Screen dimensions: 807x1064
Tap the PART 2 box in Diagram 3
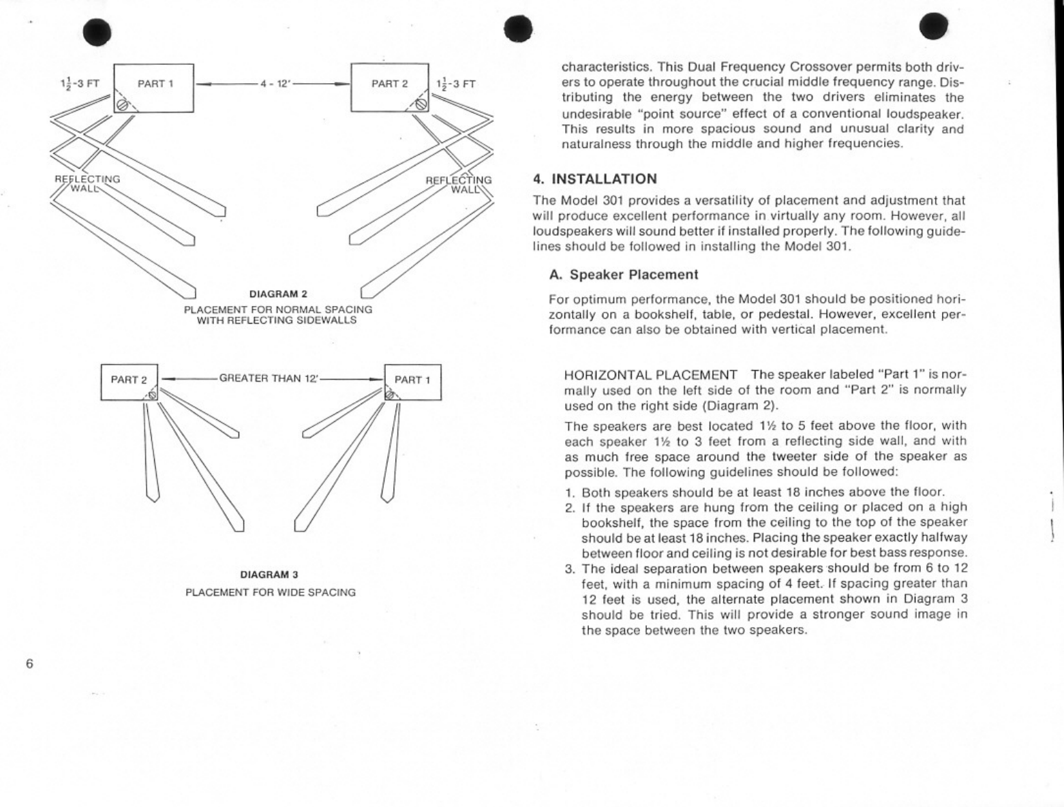(x=129, y=382)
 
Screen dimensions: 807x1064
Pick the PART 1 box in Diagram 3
(x=412, y=382)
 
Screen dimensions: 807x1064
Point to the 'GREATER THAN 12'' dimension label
(x=269, y=378)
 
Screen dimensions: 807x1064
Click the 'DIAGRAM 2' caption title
(x=278, y=294)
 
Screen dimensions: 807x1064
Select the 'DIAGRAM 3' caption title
(x=269, y=575)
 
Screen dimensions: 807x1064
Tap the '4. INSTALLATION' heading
(x=595, y=179)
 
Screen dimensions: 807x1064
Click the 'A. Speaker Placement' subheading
(x=624, y=275)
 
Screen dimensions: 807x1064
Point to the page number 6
(x=29, y=664)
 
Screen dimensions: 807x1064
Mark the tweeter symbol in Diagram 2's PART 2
(x=421, y=104)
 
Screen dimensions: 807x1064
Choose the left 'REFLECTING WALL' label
(x=87, y=183)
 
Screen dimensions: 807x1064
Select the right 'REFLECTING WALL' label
(x=459, y=184)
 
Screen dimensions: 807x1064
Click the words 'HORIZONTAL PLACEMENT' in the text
(x=651, y=375)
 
